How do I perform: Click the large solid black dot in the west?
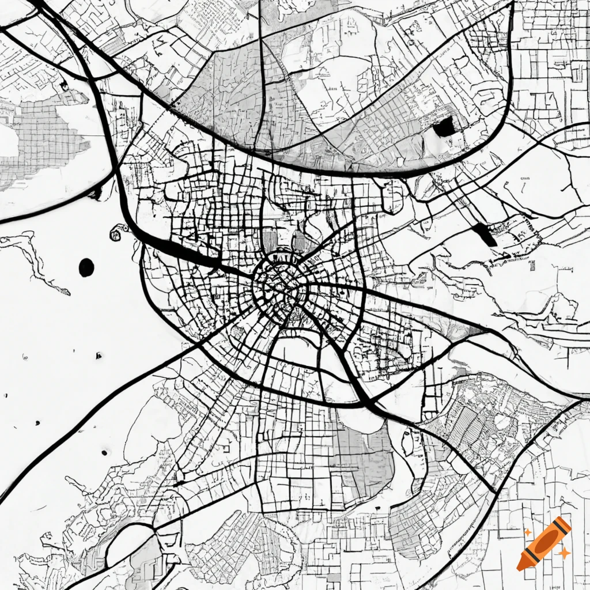pos(86,267)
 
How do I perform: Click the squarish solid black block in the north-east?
pos(444,127)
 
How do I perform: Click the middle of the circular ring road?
pos(281,285)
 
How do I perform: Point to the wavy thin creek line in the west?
pos(35,259)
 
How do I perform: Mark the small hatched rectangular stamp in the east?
pos(531,265)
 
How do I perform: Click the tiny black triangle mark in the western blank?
pos(99,355)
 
